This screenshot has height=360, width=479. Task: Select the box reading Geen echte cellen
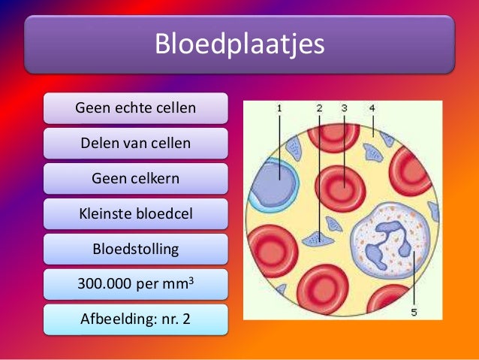135,107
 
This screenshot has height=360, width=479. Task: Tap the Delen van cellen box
135,143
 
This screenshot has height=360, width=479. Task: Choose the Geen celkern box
135,178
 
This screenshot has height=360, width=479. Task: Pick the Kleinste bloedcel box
135,213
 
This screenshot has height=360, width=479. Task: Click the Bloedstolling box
135,249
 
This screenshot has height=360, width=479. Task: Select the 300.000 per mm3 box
135,284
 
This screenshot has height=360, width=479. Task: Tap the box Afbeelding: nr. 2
135,319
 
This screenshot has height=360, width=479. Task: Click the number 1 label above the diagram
279,108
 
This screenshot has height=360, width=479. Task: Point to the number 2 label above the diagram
319,108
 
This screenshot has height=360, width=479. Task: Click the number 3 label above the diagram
344,108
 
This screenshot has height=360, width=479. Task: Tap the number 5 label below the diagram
414,312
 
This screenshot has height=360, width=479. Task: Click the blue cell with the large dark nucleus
275,183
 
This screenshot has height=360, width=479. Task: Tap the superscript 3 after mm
200,280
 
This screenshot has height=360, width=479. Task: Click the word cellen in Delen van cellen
169,143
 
